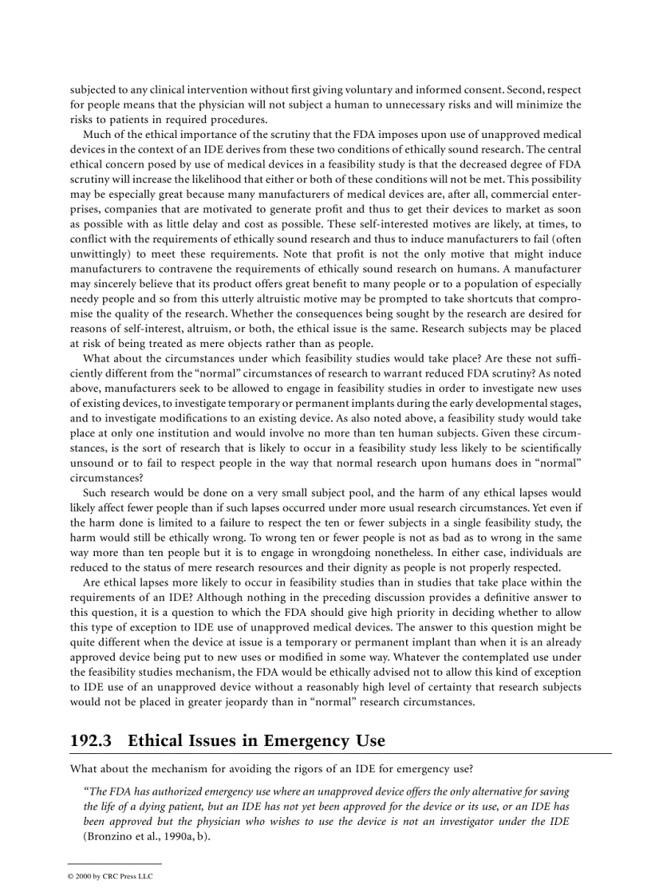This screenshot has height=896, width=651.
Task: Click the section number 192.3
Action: coord(90,740)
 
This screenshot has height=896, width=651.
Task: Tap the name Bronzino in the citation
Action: coord(110,835)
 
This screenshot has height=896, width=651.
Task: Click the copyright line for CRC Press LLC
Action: coord(110,875)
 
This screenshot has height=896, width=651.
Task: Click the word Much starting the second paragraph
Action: coord(97,134)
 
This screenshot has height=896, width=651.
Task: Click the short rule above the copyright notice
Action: coord(115,863)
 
